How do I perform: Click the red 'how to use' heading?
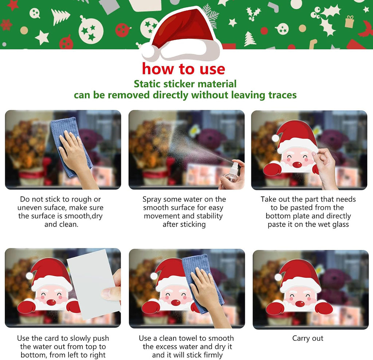point(184,69)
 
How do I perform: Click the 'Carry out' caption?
point(307,338)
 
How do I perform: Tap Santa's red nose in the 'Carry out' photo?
point(300,304)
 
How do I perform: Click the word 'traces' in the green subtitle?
point(282,95)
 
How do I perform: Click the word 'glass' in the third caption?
point(341,224)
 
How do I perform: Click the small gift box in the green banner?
point(349,21)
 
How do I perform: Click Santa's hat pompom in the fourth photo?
point(30,276)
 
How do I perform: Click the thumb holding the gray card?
point(110,293)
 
